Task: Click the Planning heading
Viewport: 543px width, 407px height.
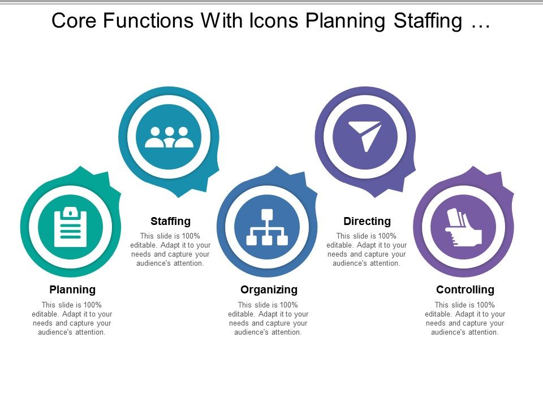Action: [x=72, y=290]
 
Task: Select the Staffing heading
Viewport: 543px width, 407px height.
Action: [x=170, y=221]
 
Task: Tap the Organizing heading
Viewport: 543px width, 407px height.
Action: [x=269, y=290]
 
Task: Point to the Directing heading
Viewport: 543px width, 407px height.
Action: [x=367, y=221]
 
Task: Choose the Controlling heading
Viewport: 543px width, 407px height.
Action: [x=465, y=290]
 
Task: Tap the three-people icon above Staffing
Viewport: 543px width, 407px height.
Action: [x=169, y=137]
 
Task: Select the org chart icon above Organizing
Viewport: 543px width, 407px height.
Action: [x=267, y=227]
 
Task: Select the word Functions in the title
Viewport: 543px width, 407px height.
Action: [x=148, y=21]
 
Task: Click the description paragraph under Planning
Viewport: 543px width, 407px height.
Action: [x=72, y=318]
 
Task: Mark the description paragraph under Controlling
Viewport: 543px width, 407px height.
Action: [x=465, y=318]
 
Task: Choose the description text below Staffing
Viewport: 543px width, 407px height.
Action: [x=170, y=250]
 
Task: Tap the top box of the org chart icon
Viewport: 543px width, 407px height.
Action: [x=267, y=215]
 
